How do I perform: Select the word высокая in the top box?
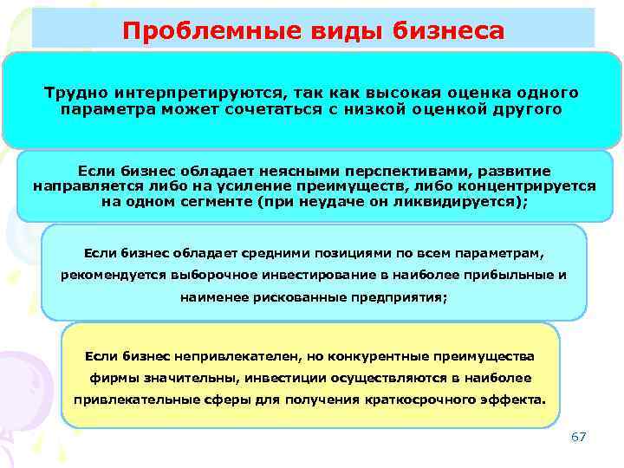pyautogui.click(x=370, y=94)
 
